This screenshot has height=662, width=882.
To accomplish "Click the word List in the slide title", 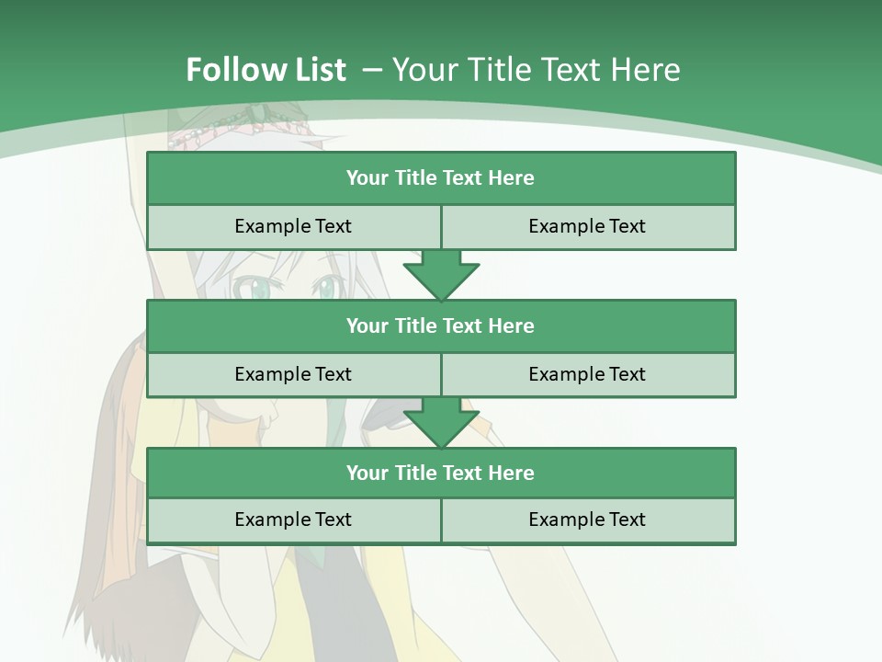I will [x=315, y=70].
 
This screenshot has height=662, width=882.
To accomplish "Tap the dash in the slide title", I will [x=372, y=70].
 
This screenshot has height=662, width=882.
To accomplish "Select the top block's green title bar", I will [x=441, y=178].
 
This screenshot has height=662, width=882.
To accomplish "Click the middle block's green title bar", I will [x=441, y=326].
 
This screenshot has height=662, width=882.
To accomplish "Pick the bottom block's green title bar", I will [x=441, y=474].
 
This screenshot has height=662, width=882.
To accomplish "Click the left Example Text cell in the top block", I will [x=293, y=227].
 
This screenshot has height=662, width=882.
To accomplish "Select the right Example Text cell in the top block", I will [x=588, y=227].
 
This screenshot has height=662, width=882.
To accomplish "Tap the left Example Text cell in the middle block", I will [x=293, y=375].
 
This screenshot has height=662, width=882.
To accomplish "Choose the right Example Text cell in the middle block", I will [x=588, y=375].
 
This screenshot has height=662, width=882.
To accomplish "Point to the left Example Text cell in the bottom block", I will [x=293, y=520].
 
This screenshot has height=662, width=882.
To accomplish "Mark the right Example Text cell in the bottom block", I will [x=588, y=520].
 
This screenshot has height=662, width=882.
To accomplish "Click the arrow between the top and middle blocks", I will [x=441, y=276].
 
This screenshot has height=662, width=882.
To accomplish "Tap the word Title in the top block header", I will [x=416, y=178].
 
